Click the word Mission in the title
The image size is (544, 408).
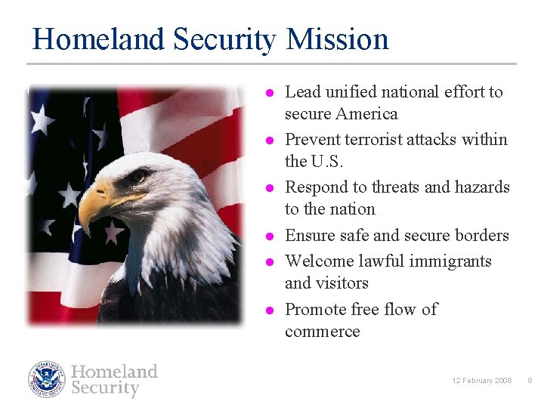(338, 39)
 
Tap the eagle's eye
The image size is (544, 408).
(138, 177)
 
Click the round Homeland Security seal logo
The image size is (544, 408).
(47, 379)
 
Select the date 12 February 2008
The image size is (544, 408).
(481, 380)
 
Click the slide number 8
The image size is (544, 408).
(529, 380)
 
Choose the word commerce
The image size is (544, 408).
(323, 332)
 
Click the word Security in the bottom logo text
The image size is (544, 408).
(105, 388)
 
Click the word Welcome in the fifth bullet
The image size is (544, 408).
(317, 261)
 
